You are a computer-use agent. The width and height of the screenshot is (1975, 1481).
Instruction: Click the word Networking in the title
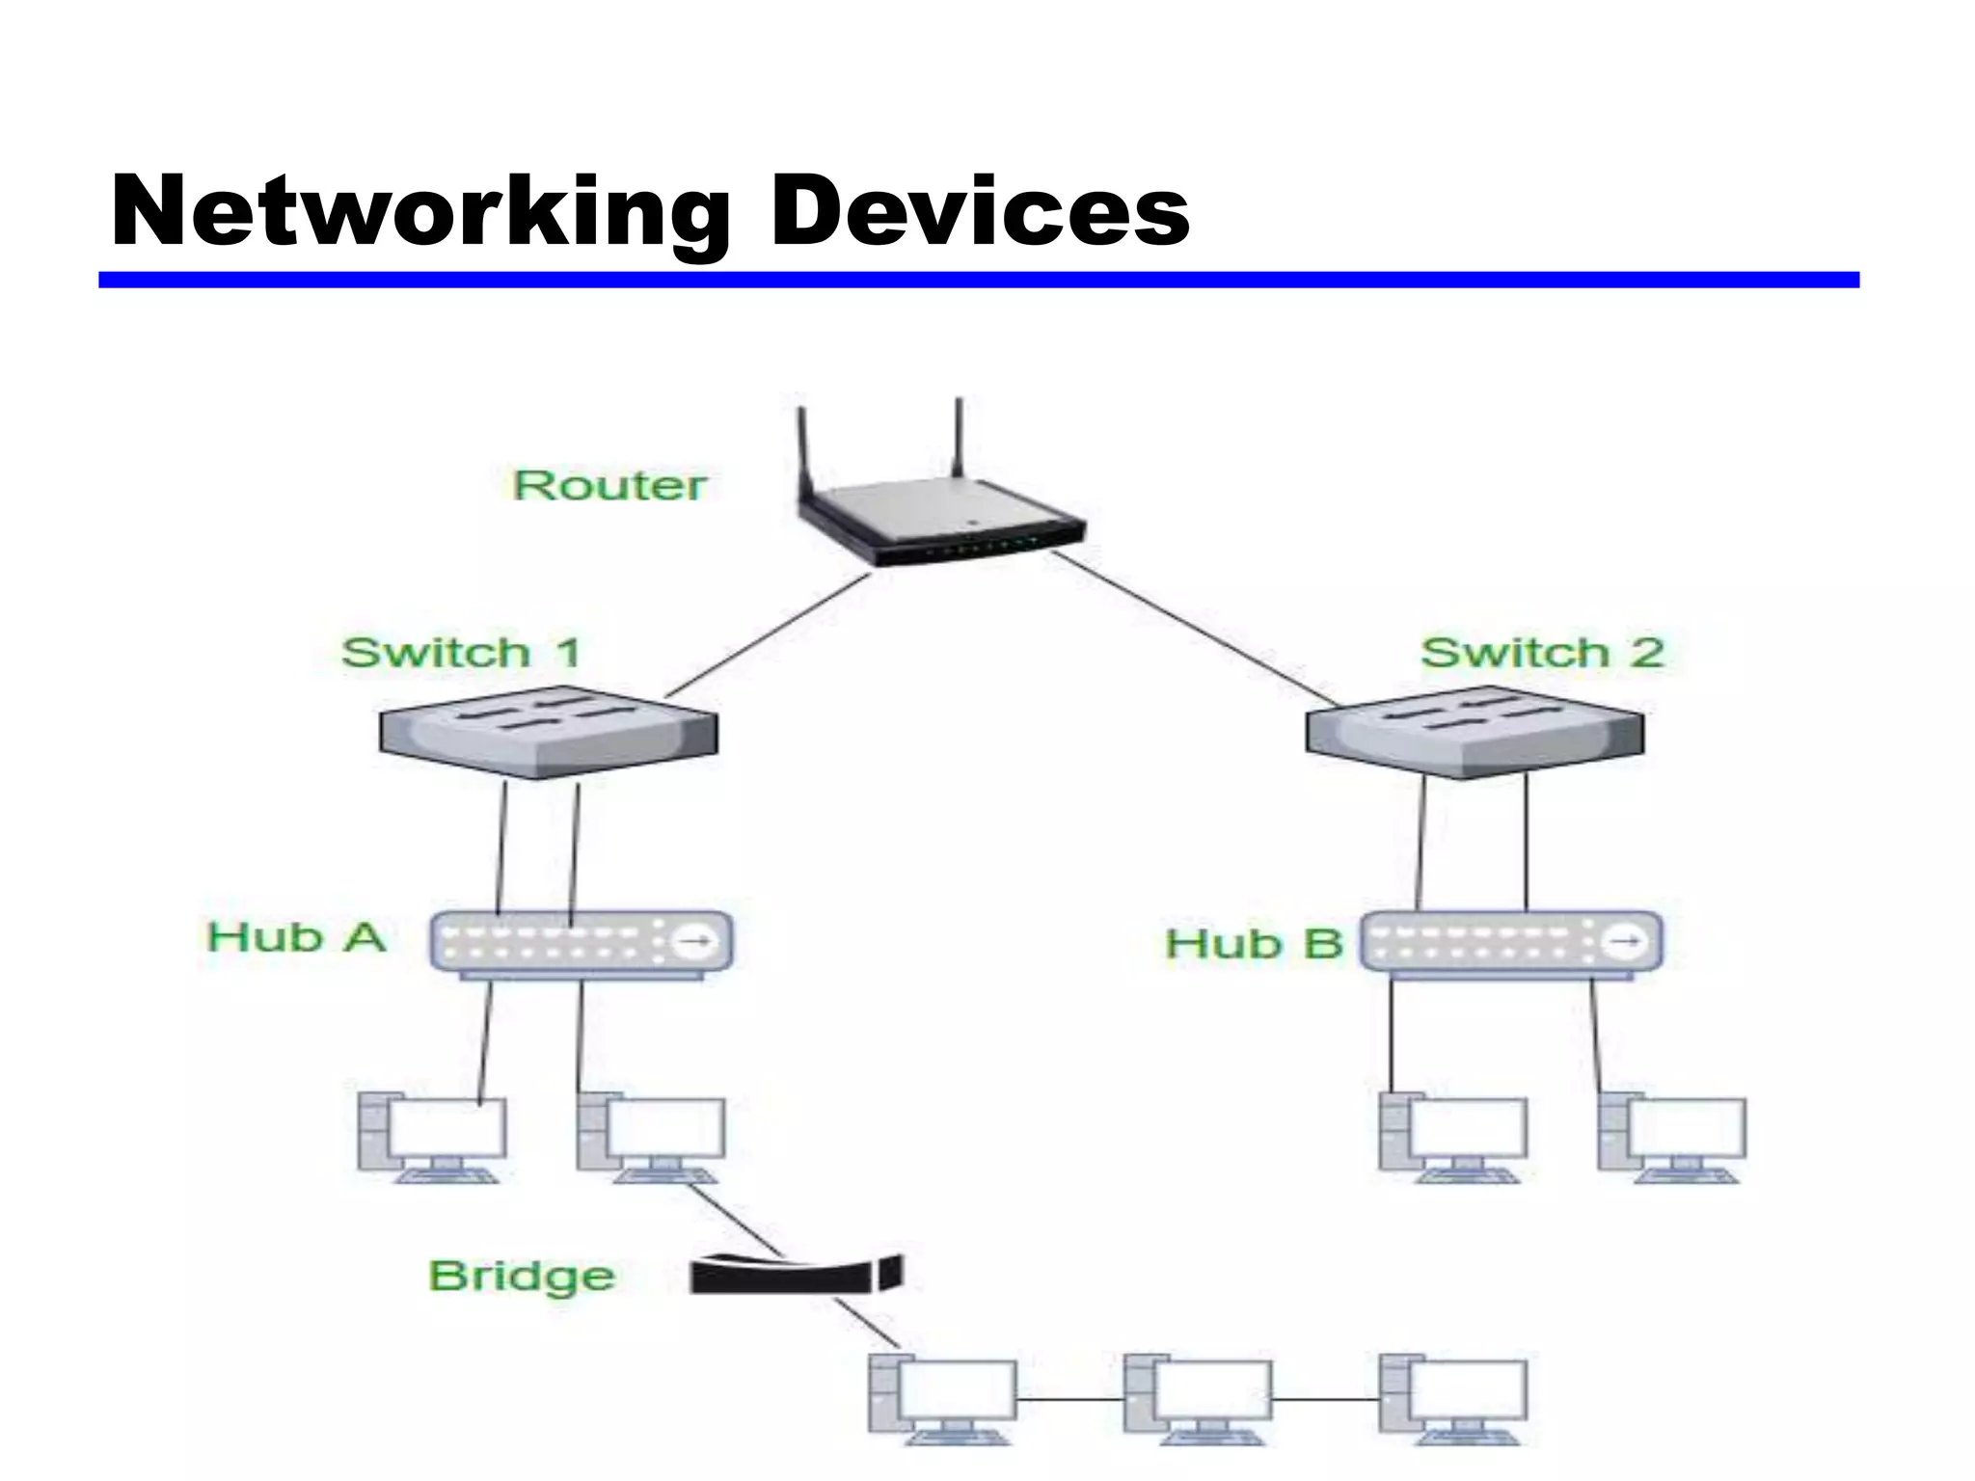coord(420,212)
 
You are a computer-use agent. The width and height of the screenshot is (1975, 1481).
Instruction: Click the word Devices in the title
coord(979,212)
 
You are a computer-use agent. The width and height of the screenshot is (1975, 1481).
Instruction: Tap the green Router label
coord(609,485)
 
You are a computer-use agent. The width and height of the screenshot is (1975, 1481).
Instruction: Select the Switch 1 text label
coord(461,653)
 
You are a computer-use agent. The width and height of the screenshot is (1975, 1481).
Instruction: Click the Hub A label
coord(296,937)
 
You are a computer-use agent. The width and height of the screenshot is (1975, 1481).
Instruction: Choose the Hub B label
coord(1253,944)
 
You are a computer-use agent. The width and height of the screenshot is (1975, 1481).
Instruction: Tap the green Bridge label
coord(522,1277)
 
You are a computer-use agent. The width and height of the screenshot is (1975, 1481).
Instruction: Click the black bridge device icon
coord(796,1275)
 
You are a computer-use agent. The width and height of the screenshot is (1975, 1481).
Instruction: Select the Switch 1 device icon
coord(548,732)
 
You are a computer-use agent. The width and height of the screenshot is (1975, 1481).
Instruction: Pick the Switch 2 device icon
coord(1474,732)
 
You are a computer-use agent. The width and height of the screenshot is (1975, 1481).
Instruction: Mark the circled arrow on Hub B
coord(1627,940)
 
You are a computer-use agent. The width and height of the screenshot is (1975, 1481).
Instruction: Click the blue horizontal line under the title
coord(978,280)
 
